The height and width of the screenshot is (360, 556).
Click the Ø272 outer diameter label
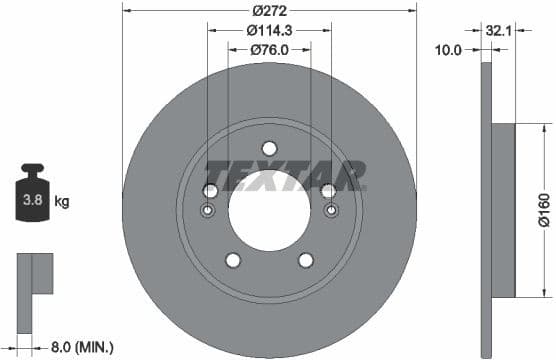tap(269, 10)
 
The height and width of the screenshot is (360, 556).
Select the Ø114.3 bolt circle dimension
tap(269, 30)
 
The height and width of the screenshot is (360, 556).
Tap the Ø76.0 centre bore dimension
tap(269, 49)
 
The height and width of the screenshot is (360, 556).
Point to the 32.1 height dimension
tap(499, 31)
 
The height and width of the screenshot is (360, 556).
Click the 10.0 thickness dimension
tap(450, 48)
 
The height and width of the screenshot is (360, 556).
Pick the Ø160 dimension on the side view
tap(541, 210)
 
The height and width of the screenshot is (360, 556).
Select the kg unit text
tap(62, 202)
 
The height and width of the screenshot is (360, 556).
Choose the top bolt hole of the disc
tap(269, 148)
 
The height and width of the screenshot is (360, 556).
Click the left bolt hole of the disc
tap(211, 191)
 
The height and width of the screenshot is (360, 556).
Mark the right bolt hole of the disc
tap(327, 191)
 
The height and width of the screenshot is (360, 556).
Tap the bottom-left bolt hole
tap(233, 260)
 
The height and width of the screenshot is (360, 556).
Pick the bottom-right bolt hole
tap(305, 260)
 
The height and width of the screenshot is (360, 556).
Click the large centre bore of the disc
tap(269, 211)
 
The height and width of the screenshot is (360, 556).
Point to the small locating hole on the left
tap(208, 211)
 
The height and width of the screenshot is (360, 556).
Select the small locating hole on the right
tap(330, 211)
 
